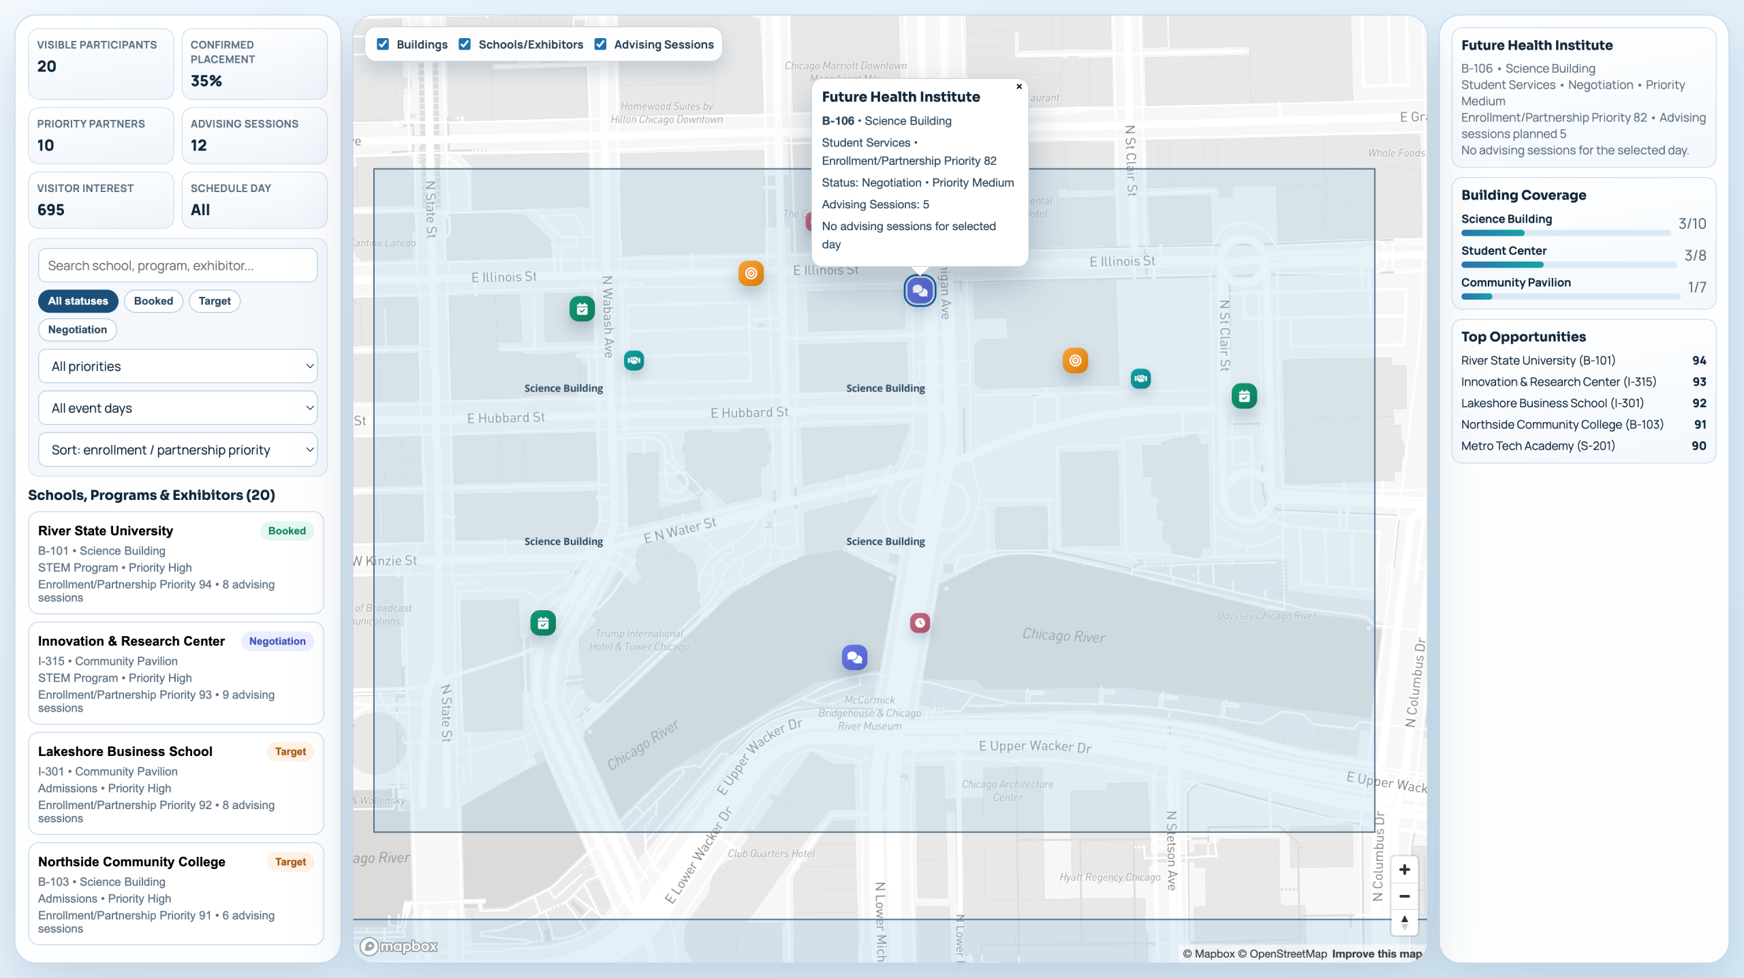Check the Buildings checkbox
[383, 44]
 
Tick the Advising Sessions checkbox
[600, 44]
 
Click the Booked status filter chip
[153, 301]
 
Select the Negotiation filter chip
[78, 330]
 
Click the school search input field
[178, 266]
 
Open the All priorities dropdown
[178, 366]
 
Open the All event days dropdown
[178, 408]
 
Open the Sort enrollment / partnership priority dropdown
[178, 450]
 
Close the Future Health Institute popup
[1019, 86]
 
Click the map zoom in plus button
[1404, 870]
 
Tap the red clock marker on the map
[920, 622]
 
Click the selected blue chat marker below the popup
[920, 291]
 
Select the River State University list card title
[106, 531]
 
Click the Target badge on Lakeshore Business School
[290, 751]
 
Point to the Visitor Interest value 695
[51, 210]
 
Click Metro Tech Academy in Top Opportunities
[1538, 445]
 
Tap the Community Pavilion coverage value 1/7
[1696, 287]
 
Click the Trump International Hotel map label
[639, 640]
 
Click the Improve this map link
[1377, 953]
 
